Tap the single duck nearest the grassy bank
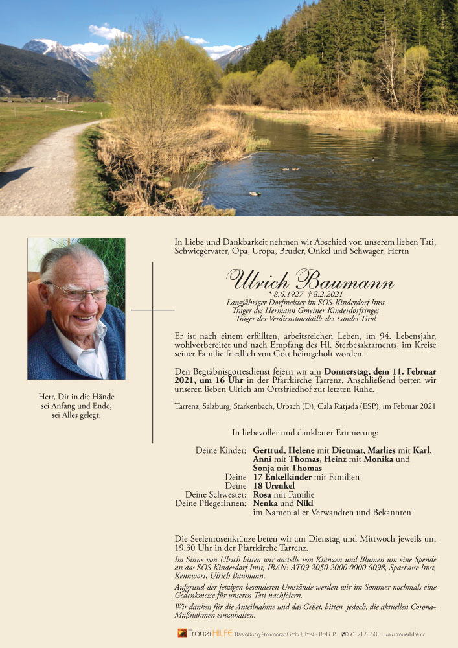[255, 193]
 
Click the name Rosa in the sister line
[262, 494]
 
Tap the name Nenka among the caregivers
[266, 503]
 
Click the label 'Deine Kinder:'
[220, 450]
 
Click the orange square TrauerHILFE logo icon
[182, 633]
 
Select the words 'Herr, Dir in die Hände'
[76, 396]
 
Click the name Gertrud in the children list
[269, 450]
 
